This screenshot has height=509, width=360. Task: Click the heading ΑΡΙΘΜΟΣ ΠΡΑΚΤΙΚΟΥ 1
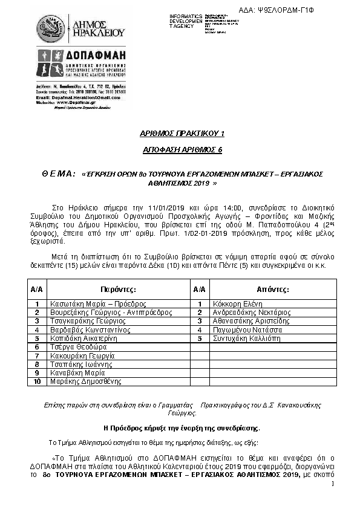point(180,133)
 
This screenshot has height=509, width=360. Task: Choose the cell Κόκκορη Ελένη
point(236,303)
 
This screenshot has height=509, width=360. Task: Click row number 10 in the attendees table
point(37,381)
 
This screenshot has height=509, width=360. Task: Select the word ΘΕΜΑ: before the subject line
point(59,174)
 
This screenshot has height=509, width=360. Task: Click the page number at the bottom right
point(333,484)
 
